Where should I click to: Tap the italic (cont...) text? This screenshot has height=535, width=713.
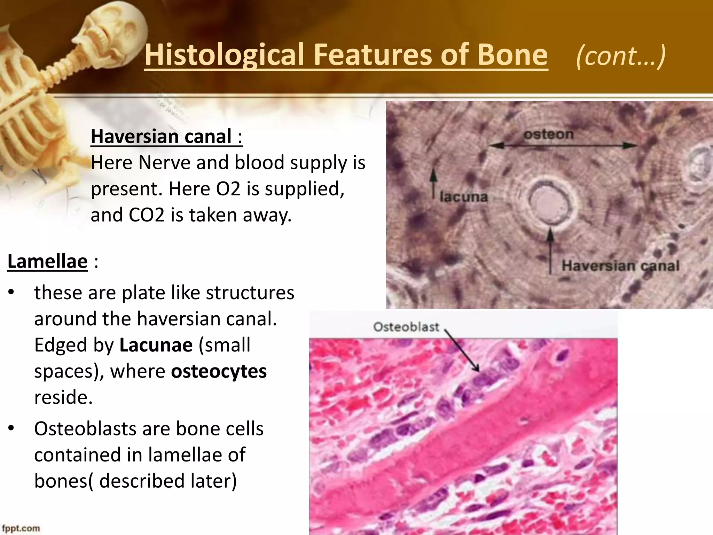[x=621, y=56]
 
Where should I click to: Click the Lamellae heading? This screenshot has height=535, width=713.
[x=47, y=261]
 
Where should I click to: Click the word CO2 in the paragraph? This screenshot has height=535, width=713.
[x=146, y=215]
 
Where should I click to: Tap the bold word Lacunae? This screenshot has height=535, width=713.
[x=156, y=345]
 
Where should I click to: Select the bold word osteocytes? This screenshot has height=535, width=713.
[x=219, y=371]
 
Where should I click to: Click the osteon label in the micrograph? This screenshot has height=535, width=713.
[x=549, y=134]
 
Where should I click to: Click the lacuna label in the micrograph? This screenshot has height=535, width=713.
[x=463, y=197]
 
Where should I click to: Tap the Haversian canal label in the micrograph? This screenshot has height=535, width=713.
[x=620, y=266]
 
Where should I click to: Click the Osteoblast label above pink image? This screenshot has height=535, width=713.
[x=406, y=327]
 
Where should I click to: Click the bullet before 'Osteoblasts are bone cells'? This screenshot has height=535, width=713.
[x=11, y=429]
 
